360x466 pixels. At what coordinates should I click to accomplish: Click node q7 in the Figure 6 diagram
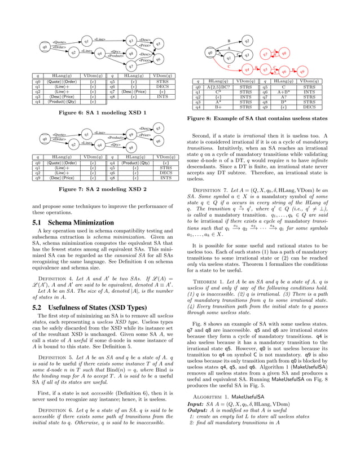tap(130, 66)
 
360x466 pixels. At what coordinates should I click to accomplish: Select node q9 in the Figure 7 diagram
tap(130, 135)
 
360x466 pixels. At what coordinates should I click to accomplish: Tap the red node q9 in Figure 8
tap(301, 72)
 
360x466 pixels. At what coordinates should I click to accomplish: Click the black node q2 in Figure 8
tap(247, 41)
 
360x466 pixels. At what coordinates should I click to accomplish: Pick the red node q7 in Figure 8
tap(264, 55)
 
